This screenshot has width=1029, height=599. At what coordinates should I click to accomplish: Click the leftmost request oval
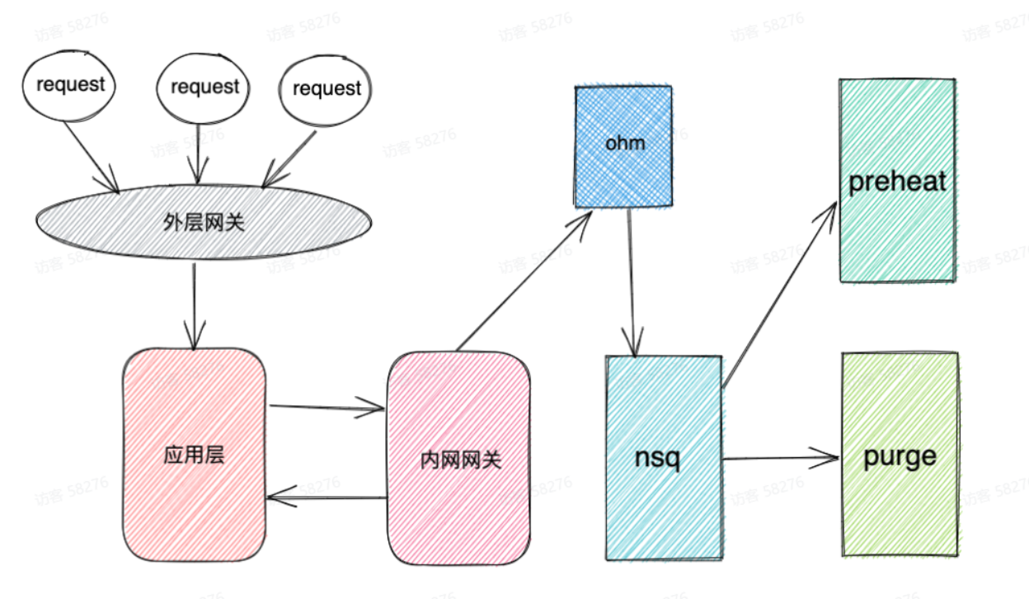point(69,85)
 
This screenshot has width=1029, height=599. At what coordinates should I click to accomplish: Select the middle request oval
point(204,87)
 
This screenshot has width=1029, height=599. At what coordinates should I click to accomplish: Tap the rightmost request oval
point(326,89)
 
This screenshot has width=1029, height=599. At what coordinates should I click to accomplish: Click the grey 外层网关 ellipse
point(203,221)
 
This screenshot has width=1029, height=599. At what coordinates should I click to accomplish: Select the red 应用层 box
point(195,455)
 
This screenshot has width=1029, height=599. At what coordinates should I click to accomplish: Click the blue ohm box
point(624,144)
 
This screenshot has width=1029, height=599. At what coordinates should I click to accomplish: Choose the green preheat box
point(897,181)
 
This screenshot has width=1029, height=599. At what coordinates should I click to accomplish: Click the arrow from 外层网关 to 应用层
point(194,305)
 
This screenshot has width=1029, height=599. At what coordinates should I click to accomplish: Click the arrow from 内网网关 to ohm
point(524,280)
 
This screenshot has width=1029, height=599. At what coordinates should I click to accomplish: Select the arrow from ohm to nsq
point(632,281)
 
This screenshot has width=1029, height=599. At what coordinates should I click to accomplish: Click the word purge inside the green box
point(900,456)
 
